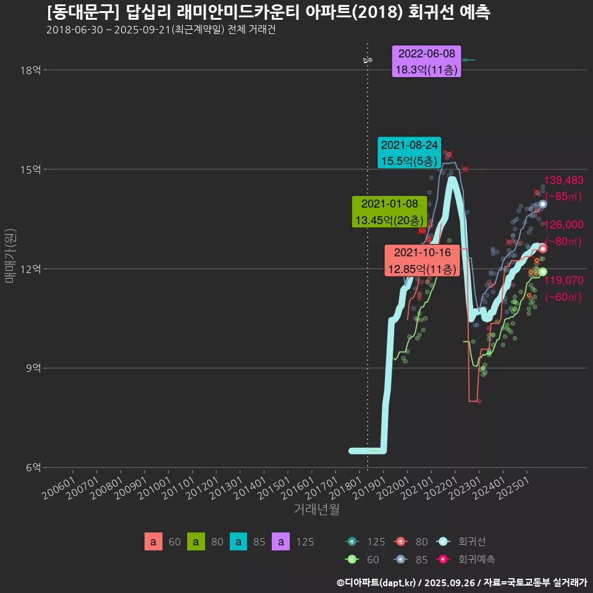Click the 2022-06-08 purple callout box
tap(426, 62)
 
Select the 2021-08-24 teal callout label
tap(409, 153)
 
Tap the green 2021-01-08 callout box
tap(389, 211)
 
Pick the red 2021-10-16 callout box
tap(422, 261)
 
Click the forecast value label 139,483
tap(563, 180)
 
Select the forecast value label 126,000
tap(563, 225)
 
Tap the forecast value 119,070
tap(563, 280)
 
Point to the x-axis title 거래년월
tap(316, 510)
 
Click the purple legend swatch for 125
tap(281, 542)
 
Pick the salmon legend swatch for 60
tap(153, 542)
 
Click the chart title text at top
tap(269, 12)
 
